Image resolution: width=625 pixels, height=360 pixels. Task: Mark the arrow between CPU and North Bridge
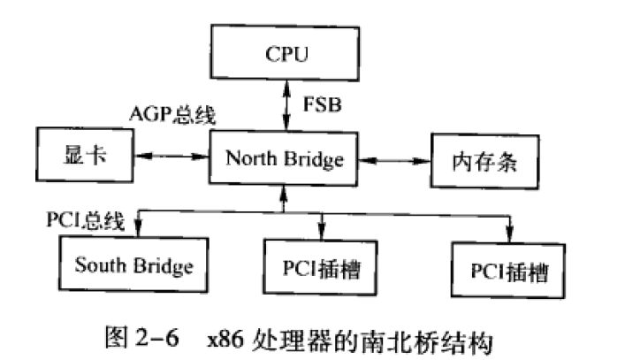(283, 103)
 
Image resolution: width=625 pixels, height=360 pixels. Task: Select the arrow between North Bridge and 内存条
(394, 160)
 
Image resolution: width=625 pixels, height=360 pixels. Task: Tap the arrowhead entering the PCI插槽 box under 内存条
(509, 234)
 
